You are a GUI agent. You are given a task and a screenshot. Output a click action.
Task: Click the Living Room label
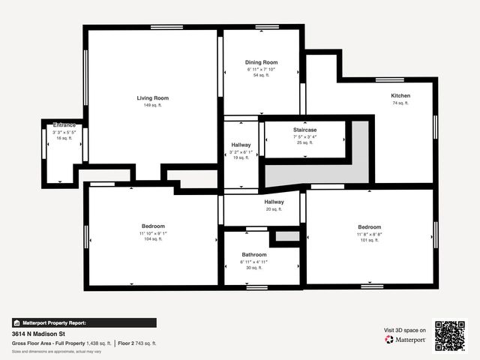point(152,98)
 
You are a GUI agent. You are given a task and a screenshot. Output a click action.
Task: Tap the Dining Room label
point(261,62)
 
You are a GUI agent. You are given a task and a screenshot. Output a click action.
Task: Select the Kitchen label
point(400,95)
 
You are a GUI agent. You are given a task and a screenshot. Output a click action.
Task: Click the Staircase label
point(304,130)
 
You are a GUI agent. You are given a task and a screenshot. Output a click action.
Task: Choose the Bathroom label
point(253,254)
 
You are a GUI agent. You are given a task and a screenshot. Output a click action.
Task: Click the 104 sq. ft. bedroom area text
point(153,239)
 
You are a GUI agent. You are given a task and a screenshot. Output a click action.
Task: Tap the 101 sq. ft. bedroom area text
point(369,240)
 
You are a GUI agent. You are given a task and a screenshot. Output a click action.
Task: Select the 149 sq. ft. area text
point(152,106)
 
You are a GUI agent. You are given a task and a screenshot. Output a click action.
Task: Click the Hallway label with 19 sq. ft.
point(241,145)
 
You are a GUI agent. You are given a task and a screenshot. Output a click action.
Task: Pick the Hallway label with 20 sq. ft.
point(274,202)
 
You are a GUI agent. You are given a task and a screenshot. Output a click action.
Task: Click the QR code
point(450,336)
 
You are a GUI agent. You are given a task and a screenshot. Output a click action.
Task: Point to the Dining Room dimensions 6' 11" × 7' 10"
point(261,69)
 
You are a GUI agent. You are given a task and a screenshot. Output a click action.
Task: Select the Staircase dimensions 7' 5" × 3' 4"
point(304,136)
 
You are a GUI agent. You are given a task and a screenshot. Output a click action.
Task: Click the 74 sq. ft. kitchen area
point(400,103)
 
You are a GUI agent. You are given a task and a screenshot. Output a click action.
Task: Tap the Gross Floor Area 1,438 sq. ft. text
point(61,343)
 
